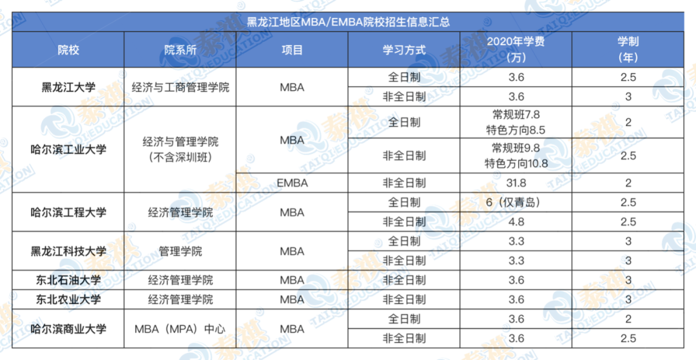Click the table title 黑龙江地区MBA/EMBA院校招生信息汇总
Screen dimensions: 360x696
348,21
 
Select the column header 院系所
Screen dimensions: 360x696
180,50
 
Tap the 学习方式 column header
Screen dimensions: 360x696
404,50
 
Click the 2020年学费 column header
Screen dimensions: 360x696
516,50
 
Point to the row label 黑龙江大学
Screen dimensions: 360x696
68,87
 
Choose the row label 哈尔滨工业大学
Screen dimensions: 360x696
68,149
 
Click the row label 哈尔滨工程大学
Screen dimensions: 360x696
68,213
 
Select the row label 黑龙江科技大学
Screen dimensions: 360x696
68,251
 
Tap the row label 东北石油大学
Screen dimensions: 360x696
68,280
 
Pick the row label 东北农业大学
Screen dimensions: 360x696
68,299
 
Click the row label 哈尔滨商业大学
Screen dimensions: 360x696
68,328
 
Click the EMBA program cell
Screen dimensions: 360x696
292,183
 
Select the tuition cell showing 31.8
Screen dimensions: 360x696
516,183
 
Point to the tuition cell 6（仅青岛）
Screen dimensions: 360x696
516,202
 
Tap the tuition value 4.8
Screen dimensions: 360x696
516,222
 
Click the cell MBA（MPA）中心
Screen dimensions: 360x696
180,328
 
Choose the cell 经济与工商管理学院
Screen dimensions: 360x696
180,87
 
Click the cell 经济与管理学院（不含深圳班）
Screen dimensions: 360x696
180,149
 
